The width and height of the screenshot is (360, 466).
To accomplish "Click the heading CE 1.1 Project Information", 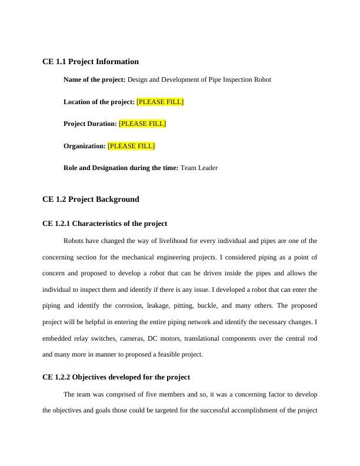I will [x=91, y=62].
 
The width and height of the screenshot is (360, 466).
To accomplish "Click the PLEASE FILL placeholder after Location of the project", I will [x=160, y=102].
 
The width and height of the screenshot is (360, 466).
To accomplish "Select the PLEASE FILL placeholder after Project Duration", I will [x=142, y=124].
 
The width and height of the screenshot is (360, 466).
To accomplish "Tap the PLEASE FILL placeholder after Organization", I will [x=131, y=146].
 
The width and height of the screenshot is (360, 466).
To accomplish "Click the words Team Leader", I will [x=199, y=168].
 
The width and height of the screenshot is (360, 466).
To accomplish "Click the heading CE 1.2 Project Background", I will [x=91, y=199].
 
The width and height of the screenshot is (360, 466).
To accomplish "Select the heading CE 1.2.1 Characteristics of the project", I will [x=105, y=224].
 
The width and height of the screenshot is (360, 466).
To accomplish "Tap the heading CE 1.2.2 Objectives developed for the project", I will [x=116, y=377].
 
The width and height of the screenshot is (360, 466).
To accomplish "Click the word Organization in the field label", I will [x=84, y=146].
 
